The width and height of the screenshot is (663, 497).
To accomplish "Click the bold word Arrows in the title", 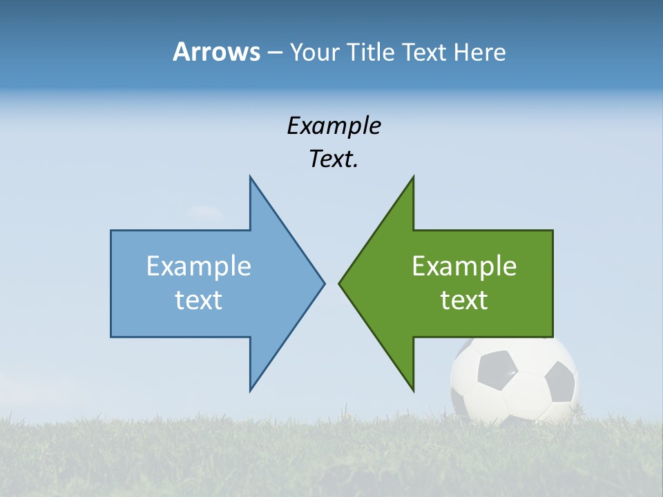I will pos(216,52).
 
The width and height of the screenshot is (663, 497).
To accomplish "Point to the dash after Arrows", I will pos(274,52).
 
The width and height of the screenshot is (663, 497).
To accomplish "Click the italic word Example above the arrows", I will pos(334,126).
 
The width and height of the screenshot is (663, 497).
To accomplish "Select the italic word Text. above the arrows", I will pos(334,159).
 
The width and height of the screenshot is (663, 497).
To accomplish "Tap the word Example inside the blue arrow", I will pos(199,266).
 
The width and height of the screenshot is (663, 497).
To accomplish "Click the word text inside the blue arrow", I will pos(199,300).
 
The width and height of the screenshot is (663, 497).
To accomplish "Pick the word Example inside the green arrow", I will pos(464,266).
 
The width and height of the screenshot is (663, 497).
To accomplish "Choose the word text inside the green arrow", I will pos(464,300).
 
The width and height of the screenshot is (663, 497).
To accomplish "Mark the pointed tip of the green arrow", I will pos(340,283).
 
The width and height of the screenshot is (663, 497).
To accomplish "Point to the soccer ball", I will pos(515,380).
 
